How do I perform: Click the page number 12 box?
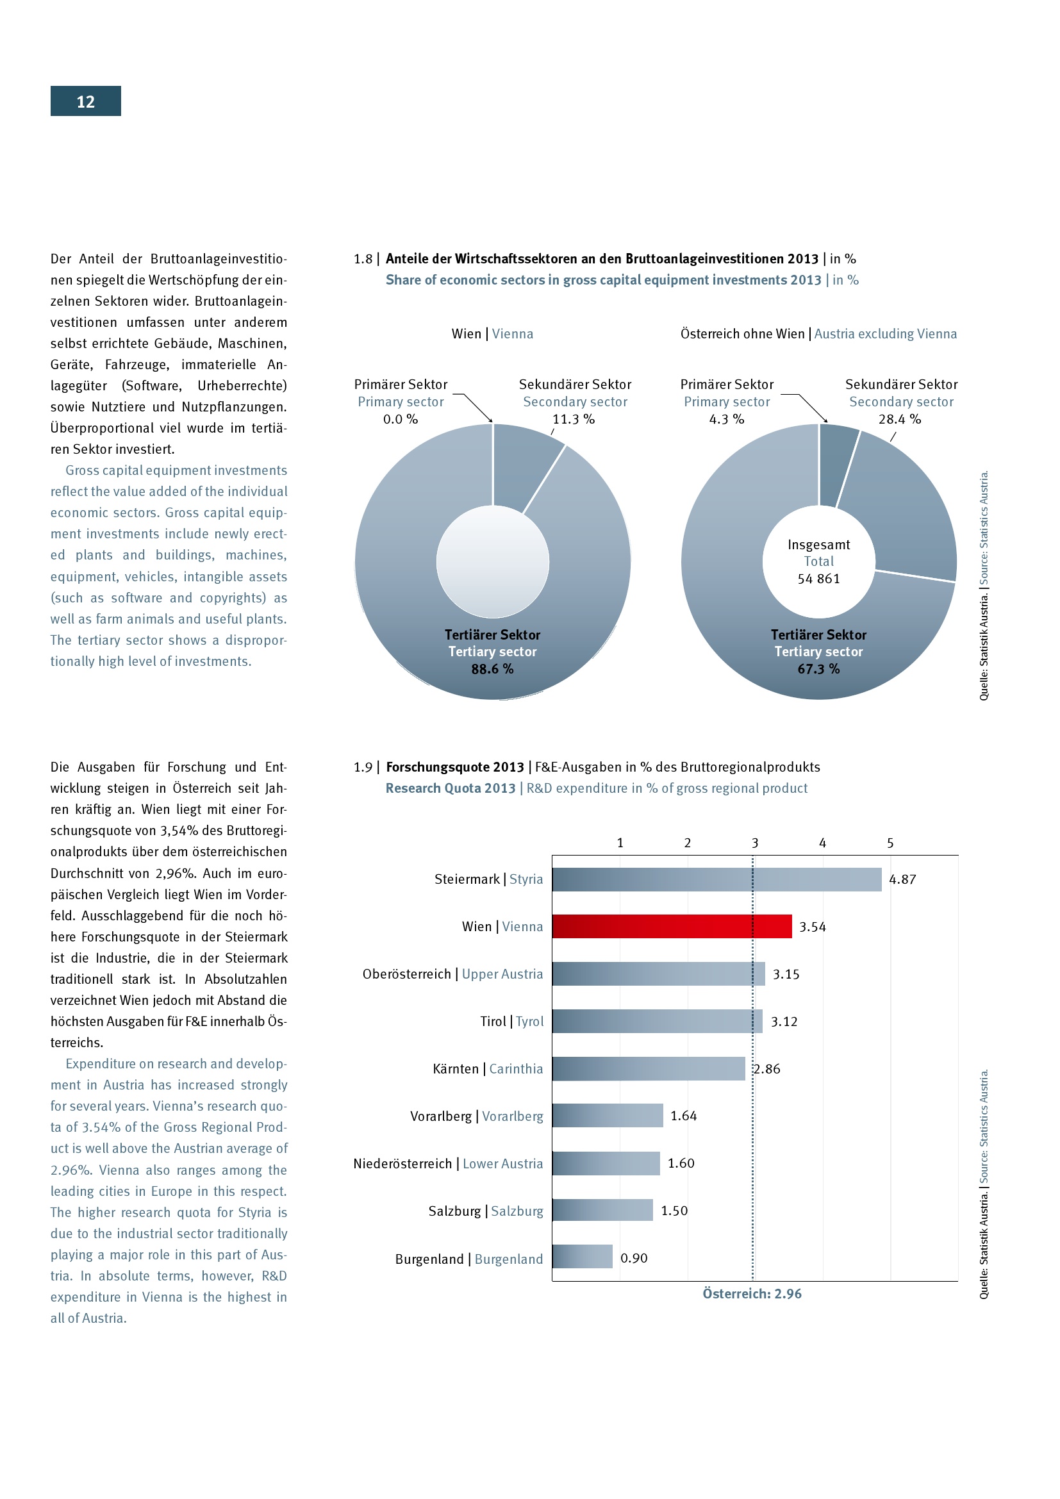[x=85, y=101]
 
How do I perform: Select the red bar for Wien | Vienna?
[x=672, y=927]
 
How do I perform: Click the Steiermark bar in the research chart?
[x=716, y=879]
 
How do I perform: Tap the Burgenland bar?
[x=581, y=1257]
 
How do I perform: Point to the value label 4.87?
[x=902, y=879]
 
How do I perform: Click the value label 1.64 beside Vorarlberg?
[x=683, y=1116]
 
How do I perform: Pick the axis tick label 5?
[x=890, y=843]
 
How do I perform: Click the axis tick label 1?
[x=620, y=843]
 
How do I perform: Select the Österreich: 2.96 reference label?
[x=752, y=1293]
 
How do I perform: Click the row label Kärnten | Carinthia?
[x=488, y=1069]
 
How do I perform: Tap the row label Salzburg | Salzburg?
[x=486, y=1211]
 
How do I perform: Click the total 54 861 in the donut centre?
[x=818, y=579]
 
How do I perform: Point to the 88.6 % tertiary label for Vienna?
[x=492, y=668]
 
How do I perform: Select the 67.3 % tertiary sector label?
[x=818, y=668]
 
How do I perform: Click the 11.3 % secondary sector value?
[x=573, y=419]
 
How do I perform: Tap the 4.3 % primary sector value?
[x=727, y=419]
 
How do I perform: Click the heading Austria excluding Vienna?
[x=885, y=334]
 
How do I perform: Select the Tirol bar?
[x=657, y=1021]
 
